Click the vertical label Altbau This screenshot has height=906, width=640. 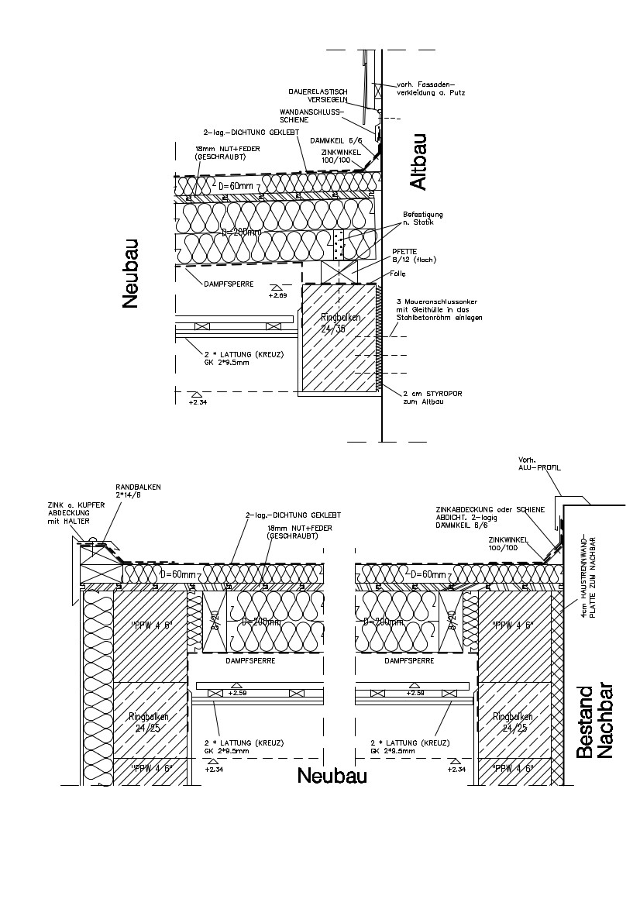(x=418, y=162)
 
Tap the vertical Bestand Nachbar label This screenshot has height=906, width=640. (x=594, y=722)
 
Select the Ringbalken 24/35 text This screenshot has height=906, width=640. (x=333, y=323)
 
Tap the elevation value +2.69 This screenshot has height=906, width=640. (x=277, y=295)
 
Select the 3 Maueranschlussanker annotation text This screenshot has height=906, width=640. (x=439, y=309)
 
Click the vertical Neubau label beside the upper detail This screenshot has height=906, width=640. (x=130, y=274)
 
